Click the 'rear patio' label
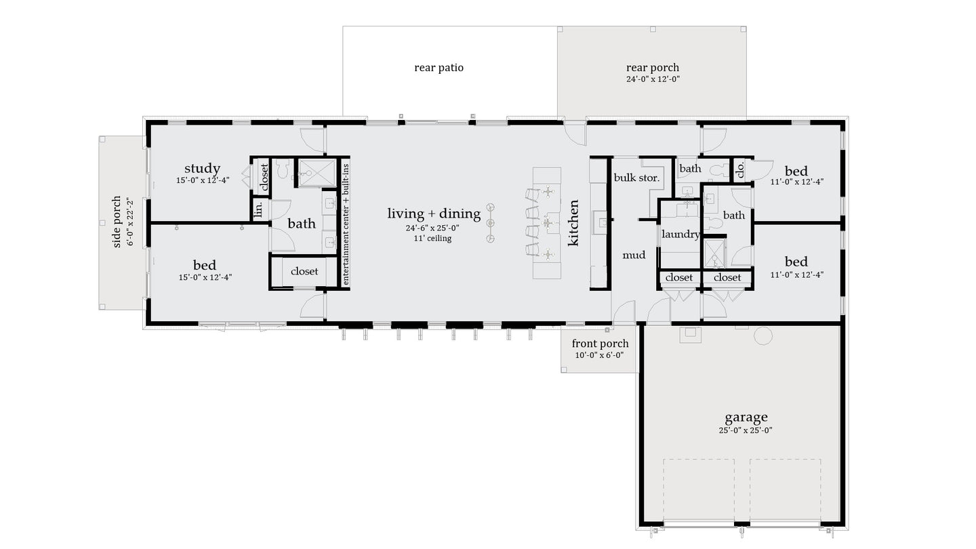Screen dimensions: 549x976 [x=439, y=68]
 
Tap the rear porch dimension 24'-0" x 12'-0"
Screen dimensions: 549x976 [x=652, y=79]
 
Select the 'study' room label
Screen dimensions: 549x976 [x=202, y=168]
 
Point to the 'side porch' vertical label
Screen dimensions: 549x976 [x=117, y=222]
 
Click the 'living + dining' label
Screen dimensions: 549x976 [x=434, y=213]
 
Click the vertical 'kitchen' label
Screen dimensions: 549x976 [x=573, y=222]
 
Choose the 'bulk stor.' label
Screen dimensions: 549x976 [x=636, y=178]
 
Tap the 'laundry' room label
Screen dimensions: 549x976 [x=680, y=235]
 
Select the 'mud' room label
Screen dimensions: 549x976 [x=634, y=255]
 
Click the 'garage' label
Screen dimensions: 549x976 [x=746, y=418]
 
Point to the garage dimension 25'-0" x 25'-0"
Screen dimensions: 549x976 [x=746, y=430]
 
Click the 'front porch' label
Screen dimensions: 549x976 [x=600, y=344]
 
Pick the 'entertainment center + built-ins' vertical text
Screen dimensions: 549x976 [x=346, y=224]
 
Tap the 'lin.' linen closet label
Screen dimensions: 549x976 [x=258, y=209]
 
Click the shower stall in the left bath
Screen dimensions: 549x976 [x=317, y=172]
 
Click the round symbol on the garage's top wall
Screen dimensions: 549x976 [x=763, y=335]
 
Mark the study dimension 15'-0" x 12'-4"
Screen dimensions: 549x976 [x=202, y=181]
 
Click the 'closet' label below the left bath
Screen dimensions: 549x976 [x=304, y=271]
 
